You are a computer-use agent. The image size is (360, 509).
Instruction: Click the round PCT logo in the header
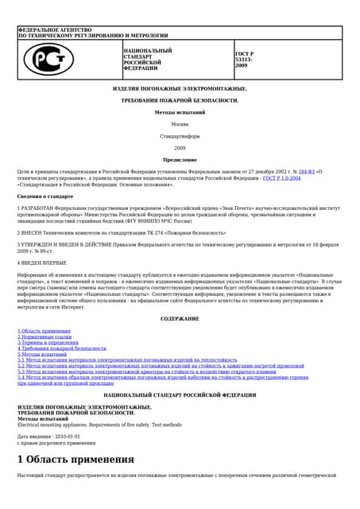point(49,60)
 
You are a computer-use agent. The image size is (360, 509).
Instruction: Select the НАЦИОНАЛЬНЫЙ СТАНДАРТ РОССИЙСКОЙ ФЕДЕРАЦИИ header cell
point(143,60)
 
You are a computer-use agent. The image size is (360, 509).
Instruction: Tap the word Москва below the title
point(180,124)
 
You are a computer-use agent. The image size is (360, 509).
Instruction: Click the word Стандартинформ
point(180,136)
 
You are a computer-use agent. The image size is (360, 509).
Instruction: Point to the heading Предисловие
point(180,159)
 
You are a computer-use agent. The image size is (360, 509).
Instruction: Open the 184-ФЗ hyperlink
point(306,171)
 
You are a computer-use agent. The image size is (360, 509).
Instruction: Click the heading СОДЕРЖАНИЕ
point(180,318)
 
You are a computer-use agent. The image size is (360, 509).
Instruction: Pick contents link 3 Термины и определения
point(48,342)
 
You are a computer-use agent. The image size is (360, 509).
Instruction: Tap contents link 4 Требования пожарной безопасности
point(62,348)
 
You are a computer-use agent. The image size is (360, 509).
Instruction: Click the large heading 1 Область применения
point(75,459)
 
